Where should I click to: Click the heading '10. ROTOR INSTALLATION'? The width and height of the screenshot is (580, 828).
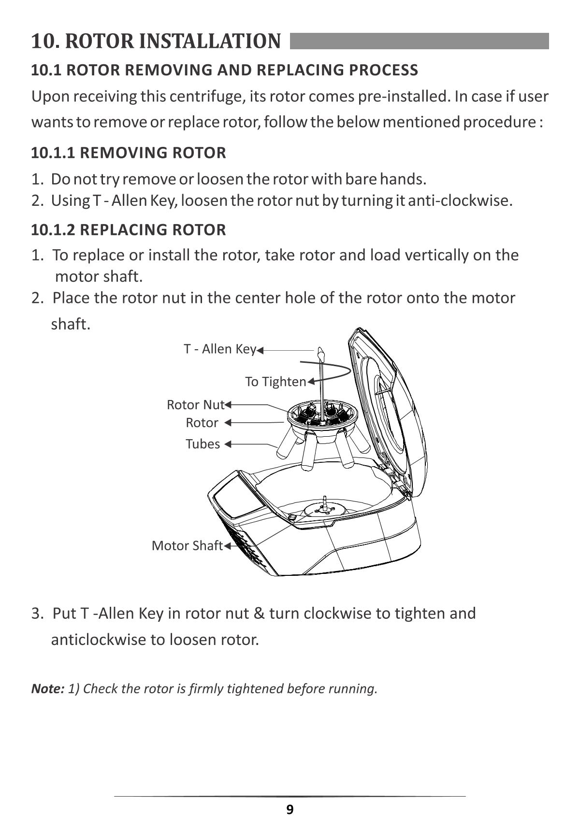click(x=156, y=41)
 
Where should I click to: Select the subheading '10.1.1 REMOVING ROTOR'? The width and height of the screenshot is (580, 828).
click(x=129, y=153)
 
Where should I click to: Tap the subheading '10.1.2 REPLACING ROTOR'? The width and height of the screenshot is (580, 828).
click(x=129, y=229)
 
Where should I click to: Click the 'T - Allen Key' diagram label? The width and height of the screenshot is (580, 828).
click(x=219, y=349)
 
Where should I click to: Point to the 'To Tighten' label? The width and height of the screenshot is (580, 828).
click(x=275, y=382)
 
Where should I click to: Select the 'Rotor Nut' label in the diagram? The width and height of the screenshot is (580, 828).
click(x=196, y=404)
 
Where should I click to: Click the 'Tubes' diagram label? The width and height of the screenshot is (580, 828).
click(x=203, y=444)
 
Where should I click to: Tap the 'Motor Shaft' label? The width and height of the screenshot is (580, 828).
click(x=187, y=545)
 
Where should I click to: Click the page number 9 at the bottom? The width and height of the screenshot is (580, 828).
click(x=290, y=810)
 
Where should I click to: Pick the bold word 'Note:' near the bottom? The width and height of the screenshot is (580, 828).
click(x=47, y=688)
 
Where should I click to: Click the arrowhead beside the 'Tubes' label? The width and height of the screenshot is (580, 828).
click(x=228, y=444)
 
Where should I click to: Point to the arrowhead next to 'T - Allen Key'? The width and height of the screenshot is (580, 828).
click(x=260, y=350)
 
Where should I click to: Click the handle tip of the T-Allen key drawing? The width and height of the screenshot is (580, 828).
click(x=320, y=351)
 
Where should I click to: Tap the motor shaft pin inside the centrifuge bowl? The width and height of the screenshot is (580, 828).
click(x=325, y=502)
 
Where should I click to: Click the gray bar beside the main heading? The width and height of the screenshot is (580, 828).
click(x=419, y=41)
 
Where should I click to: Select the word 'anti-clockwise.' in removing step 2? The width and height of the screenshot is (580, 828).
click(x=460, y=200)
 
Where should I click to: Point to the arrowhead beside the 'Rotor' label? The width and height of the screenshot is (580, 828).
click(x=228, y=423)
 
